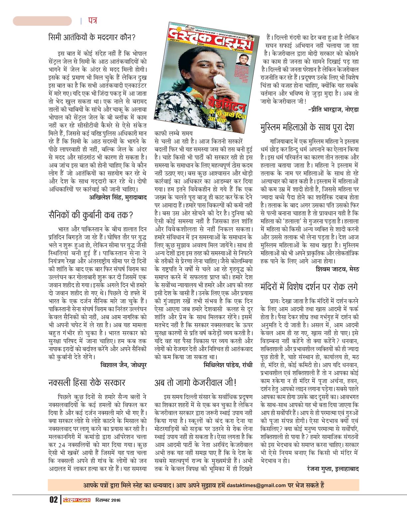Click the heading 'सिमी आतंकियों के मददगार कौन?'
(92, 37)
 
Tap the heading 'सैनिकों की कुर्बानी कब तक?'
(90, 215)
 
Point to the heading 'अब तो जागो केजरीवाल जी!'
(196, 383)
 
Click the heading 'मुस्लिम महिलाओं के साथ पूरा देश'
(307, 127)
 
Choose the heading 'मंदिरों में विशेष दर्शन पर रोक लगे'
(309, 286)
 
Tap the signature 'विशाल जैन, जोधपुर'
(123, 365)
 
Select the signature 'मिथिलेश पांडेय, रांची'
(228, 365)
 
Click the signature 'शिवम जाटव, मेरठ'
(337, 269)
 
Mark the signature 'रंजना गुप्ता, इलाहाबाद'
(333, 469)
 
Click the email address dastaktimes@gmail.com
(256, 485)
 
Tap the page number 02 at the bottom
(54, 500)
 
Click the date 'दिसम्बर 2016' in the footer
(108, 500)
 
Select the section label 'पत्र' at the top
(92, 21)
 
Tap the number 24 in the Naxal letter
(62, 444)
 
